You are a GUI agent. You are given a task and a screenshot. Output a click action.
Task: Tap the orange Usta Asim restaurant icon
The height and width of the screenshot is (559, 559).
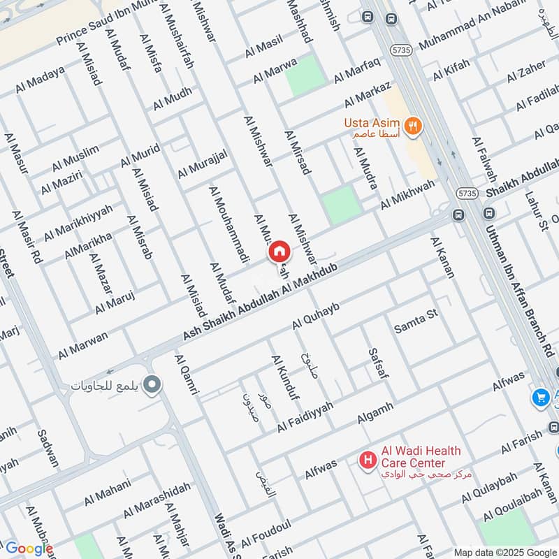point(414,126)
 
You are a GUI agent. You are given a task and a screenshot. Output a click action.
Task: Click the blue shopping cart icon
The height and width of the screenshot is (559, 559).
point(539,397)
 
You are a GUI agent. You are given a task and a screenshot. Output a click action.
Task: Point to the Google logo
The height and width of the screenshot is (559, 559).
point(29,549)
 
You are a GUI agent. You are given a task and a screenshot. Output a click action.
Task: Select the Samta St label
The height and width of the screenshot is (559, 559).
point(416,319)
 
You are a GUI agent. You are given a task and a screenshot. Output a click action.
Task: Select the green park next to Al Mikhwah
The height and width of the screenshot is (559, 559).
point(341,205)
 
